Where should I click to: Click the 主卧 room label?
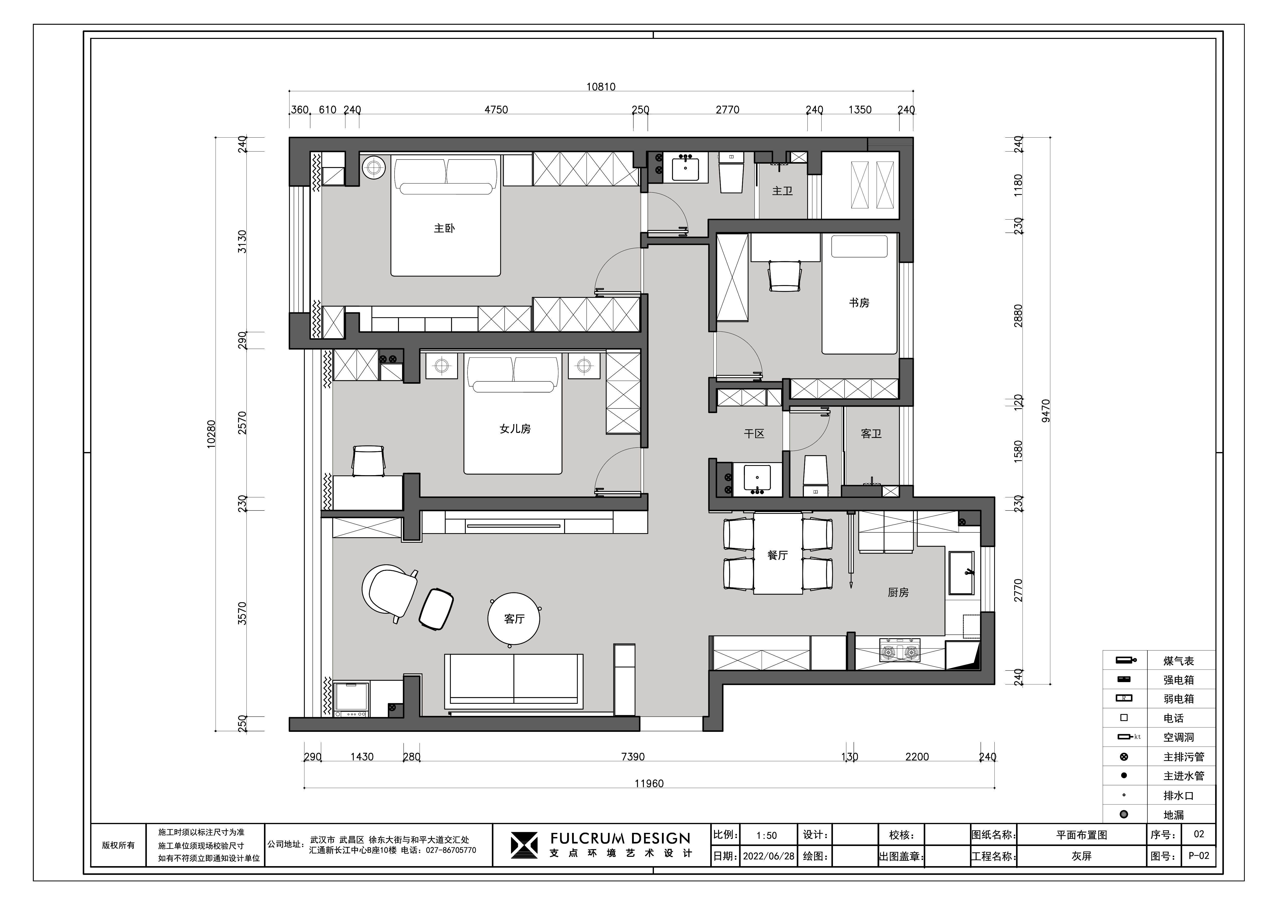click(x=444, y=228)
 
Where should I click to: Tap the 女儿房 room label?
click(x=515, y=429)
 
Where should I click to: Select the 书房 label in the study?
click(x=859, y=303)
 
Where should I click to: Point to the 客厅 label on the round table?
click(x=514, y=619)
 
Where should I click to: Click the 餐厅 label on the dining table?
click(x=778, y=555)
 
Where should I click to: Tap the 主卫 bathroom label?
click(x=782, y=191)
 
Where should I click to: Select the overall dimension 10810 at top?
click(x=601, y=87)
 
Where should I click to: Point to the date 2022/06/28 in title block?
click(x=769, y=856)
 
